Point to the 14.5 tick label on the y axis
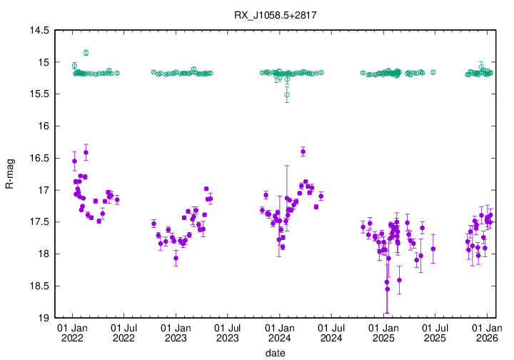[x=39, y=31]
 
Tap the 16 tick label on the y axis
[x=44, y=126]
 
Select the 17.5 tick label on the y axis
[x=39, y=222]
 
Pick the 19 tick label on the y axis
[x=44, y=318]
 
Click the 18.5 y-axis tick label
[x=39, y=286]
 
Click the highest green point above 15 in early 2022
[x=86, y=52]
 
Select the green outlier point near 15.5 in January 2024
[x=287, y=94]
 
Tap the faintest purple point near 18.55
[x=387, y=289]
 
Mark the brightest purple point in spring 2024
[x=303, y=151]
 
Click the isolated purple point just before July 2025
[x=433, y=249]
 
